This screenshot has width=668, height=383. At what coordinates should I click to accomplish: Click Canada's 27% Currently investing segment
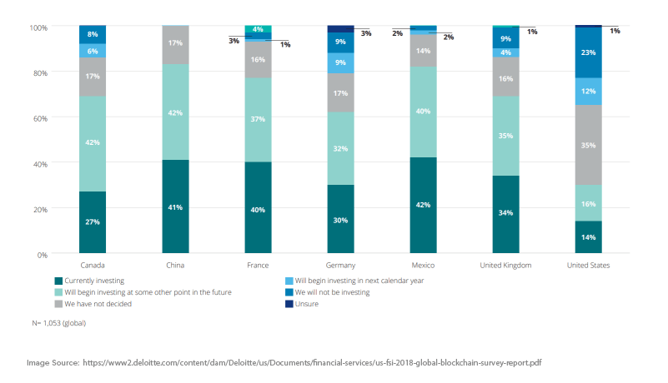tap(93, 222)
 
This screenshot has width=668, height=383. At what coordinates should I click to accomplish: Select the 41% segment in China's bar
tap(175, 206)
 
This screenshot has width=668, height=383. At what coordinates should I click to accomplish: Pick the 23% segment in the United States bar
tap(588, 52)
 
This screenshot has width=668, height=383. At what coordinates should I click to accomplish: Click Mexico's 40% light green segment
tap(423, 112)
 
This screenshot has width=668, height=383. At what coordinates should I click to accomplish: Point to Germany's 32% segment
tap(340, 148)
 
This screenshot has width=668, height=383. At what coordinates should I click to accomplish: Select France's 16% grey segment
tap(258, 60)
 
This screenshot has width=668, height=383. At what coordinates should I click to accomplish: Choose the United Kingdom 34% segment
tap(505, 214)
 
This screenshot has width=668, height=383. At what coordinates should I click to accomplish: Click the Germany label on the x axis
tap(340, 266)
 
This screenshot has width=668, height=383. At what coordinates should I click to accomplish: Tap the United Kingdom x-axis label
tap(505, 266)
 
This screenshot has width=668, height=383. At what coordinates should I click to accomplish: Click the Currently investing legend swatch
tap(58, 281)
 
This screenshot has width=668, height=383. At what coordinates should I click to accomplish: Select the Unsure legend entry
tap(308, 304)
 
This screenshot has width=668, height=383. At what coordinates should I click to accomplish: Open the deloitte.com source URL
tap(313, 363)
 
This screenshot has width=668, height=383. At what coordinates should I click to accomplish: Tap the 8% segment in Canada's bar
tap(93, 34)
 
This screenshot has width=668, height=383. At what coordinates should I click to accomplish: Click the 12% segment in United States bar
tap(588, 91)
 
